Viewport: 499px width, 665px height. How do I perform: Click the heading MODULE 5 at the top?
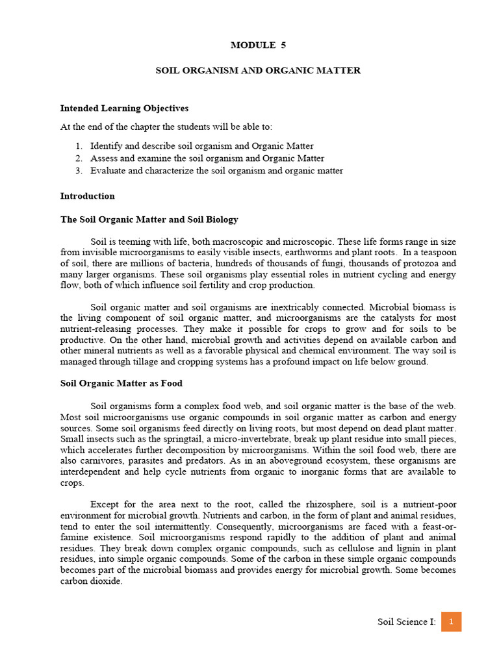(x=258, y=45)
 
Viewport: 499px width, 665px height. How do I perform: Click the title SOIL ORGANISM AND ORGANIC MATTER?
(x=258, y=70)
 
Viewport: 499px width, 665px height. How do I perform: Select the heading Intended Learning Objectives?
(x=124, y=108)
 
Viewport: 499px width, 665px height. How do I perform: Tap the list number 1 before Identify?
(x=77, y=146)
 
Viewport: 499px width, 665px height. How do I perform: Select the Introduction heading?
(x=87, y=196)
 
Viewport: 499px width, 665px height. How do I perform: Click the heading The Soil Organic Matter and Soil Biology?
(x=149, y=220)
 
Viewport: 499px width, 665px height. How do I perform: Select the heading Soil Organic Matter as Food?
(x=122, y=383)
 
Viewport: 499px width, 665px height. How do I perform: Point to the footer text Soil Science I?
(x=407, y=622)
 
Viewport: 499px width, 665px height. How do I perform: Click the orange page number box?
(x=451, y=621)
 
